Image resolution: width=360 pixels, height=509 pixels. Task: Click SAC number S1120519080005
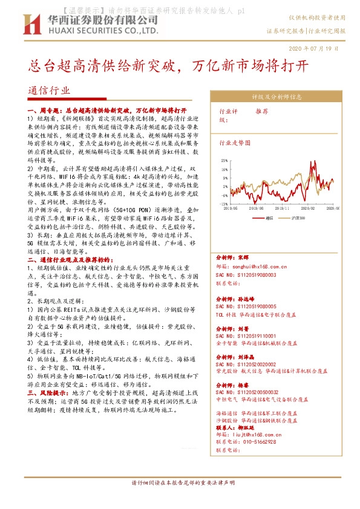(x=245, y=307)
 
